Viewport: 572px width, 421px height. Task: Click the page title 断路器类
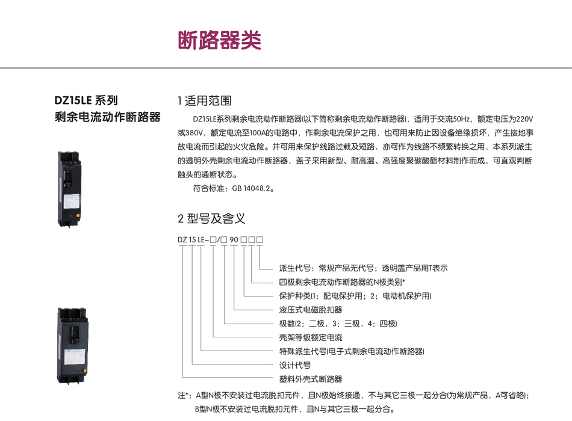pos(220,40)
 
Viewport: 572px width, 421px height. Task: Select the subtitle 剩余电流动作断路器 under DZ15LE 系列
pos(108,117)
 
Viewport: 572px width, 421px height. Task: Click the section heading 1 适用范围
pos(205,100)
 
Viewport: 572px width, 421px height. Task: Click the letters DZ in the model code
pos(182,240)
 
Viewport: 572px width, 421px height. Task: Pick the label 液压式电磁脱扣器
pos(311,310)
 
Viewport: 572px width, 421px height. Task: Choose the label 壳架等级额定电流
pos(311,337)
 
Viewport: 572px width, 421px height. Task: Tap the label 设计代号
pos(295,365)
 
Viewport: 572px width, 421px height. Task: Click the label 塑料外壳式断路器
pos(311,379)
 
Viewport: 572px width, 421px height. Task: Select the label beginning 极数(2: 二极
pos(338,324)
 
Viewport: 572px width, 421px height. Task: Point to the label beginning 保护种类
pos(355,296)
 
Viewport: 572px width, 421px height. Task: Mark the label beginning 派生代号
pos(363,268)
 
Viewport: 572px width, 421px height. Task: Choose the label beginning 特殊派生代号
pos(351,351)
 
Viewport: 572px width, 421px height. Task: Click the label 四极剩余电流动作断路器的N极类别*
pos(342,282)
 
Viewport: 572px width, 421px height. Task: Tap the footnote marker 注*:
pos(184,396)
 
